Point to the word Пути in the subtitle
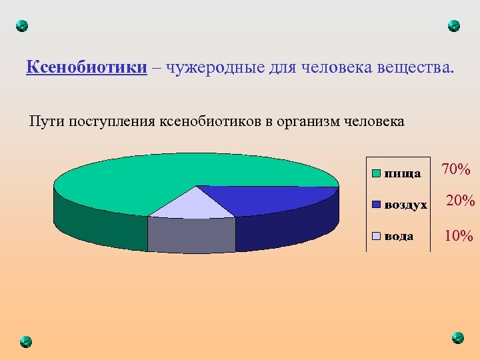pyautogui.click(x=45, y=121)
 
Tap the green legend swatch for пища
pyautogui.click(x=376, y=173)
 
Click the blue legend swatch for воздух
pyautogui.click(x=376, y=205)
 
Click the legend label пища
pyautogui.click(x=403, y=173)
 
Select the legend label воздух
pyautogui.click(x=406, y=205)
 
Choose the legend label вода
pyautogui.click(x=399, y=237)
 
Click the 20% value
pyautogui.click(x=459, y=201)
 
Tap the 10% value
pyautogui.click(x=459, y=236)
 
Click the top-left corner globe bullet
pyautogui.click(x=22, y=26)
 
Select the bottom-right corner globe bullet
pyautogui.click(x=457, y=337)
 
